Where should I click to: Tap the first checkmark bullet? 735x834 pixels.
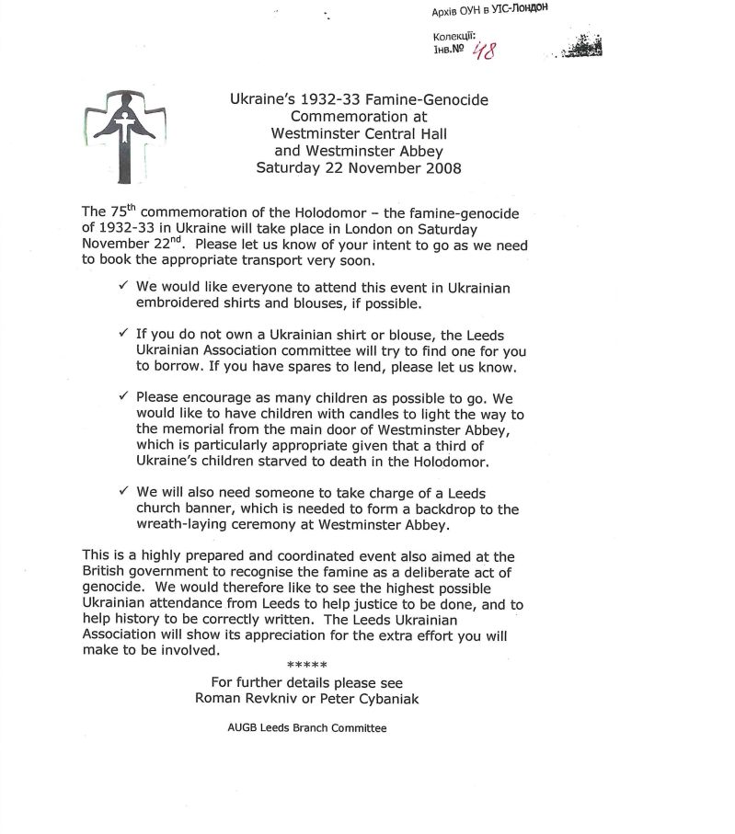[x=124, y=287]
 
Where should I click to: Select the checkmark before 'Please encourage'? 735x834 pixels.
[x=124, y=395]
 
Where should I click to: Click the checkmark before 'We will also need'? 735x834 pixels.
[x=124, y=491]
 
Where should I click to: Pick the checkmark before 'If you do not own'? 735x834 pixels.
[x=124, y=335]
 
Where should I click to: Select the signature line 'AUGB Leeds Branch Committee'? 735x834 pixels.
[x=307, y=728]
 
